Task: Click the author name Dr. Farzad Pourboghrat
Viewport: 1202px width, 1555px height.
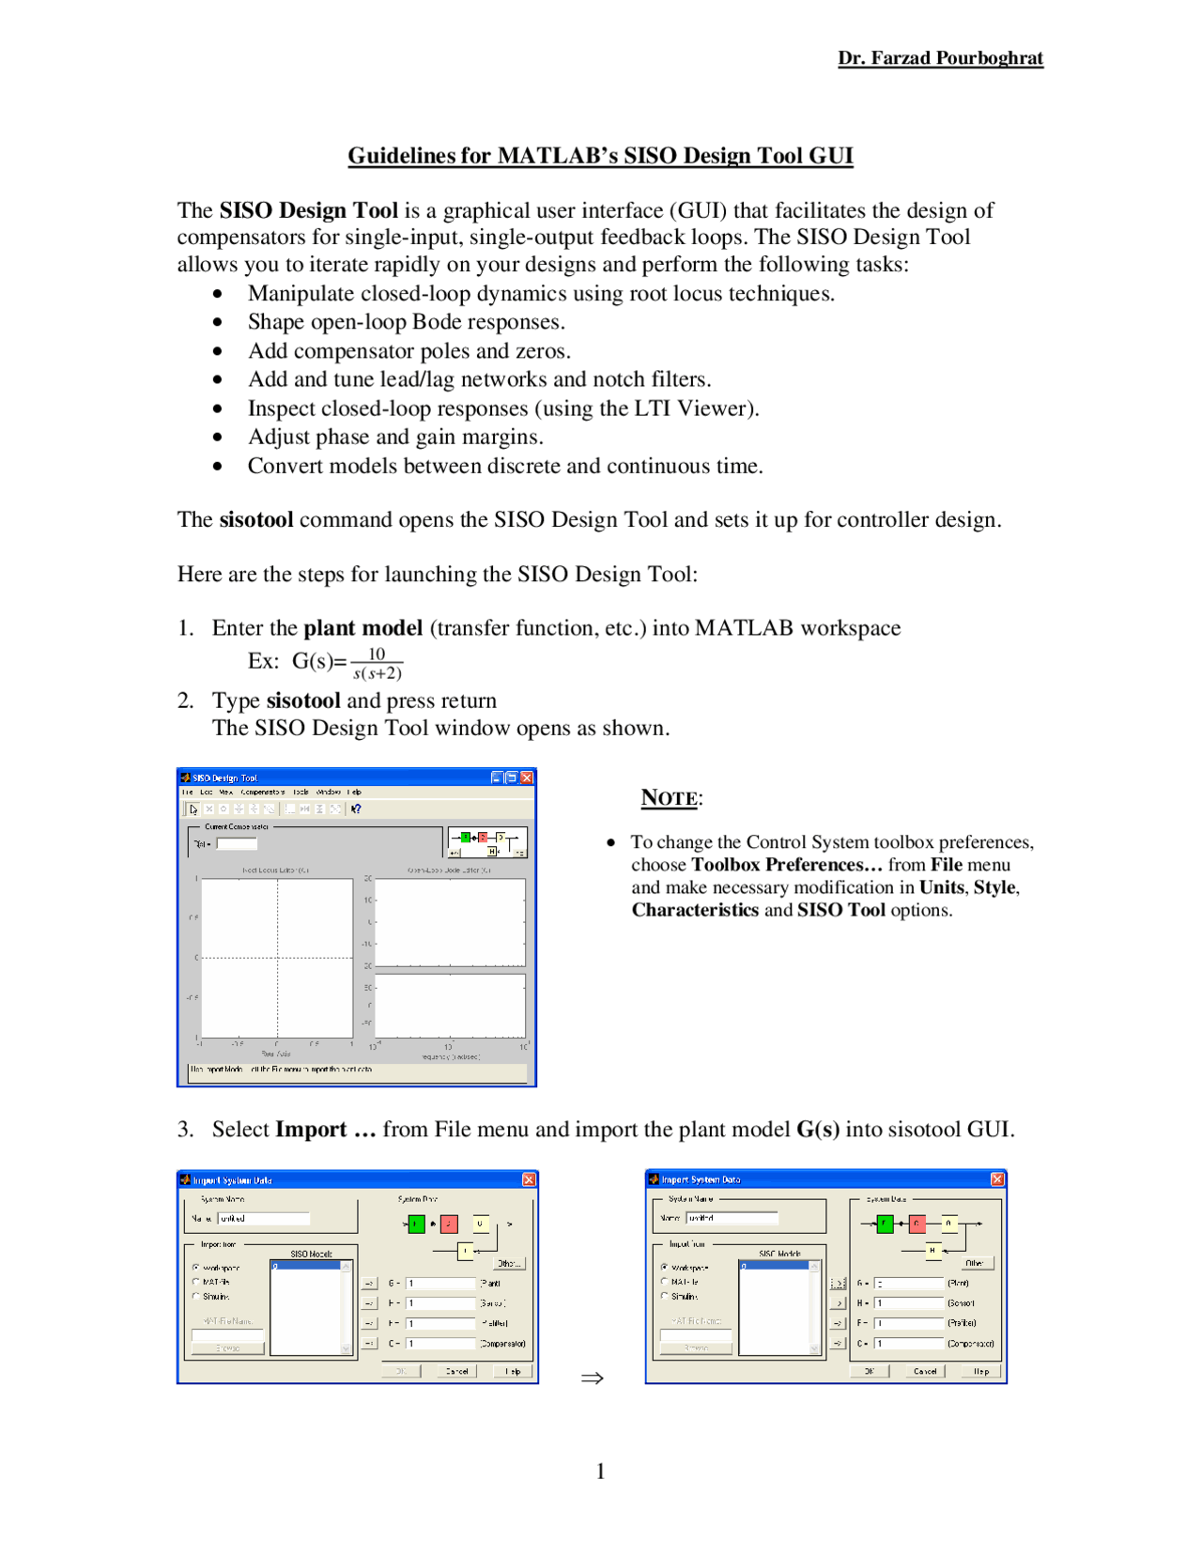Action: point(940,58)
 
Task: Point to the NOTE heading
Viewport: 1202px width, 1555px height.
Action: point(670,798)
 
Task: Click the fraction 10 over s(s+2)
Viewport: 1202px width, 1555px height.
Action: point(377,664)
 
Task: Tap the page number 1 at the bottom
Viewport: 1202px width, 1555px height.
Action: point(601,1471)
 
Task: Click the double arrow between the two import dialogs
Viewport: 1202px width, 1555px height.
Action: point(592,1378)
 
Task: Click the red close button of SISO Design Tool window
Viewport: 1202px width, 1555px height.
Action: point(527,777)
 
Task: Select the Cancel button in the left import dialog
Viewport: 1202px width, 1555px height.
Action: point(457,1371)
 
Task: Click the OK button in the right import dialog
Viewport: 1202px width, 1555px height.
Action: point(870,1371)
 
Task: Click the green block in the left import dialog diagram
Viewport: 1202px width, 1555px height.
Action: point(416,1224)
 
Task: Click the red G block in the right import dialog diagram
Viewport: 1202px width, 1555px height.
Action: point(917,1223)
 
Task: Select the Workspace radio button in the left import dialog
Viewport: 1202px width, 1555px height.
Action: point(196,1268)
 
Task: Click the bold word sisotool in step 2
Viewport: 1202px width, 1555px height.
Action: point(303,701)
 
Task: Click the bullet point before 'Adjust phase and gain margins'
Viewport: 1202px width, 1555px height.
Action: point(218,438)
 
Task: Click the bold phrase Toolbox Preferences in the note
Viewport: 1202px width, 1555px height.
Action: point(786,865)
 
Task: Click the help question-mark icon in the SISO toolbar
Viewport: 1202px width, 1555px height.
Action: point(356,808)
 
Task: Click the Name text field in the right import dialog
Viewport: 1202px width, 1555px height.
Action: point(732,1218)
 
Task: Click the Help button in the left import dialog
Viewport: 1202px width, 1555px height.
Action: point(513,1371)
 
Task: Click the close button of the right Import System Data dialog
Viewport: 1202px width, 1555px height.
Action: point(997,1179)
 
